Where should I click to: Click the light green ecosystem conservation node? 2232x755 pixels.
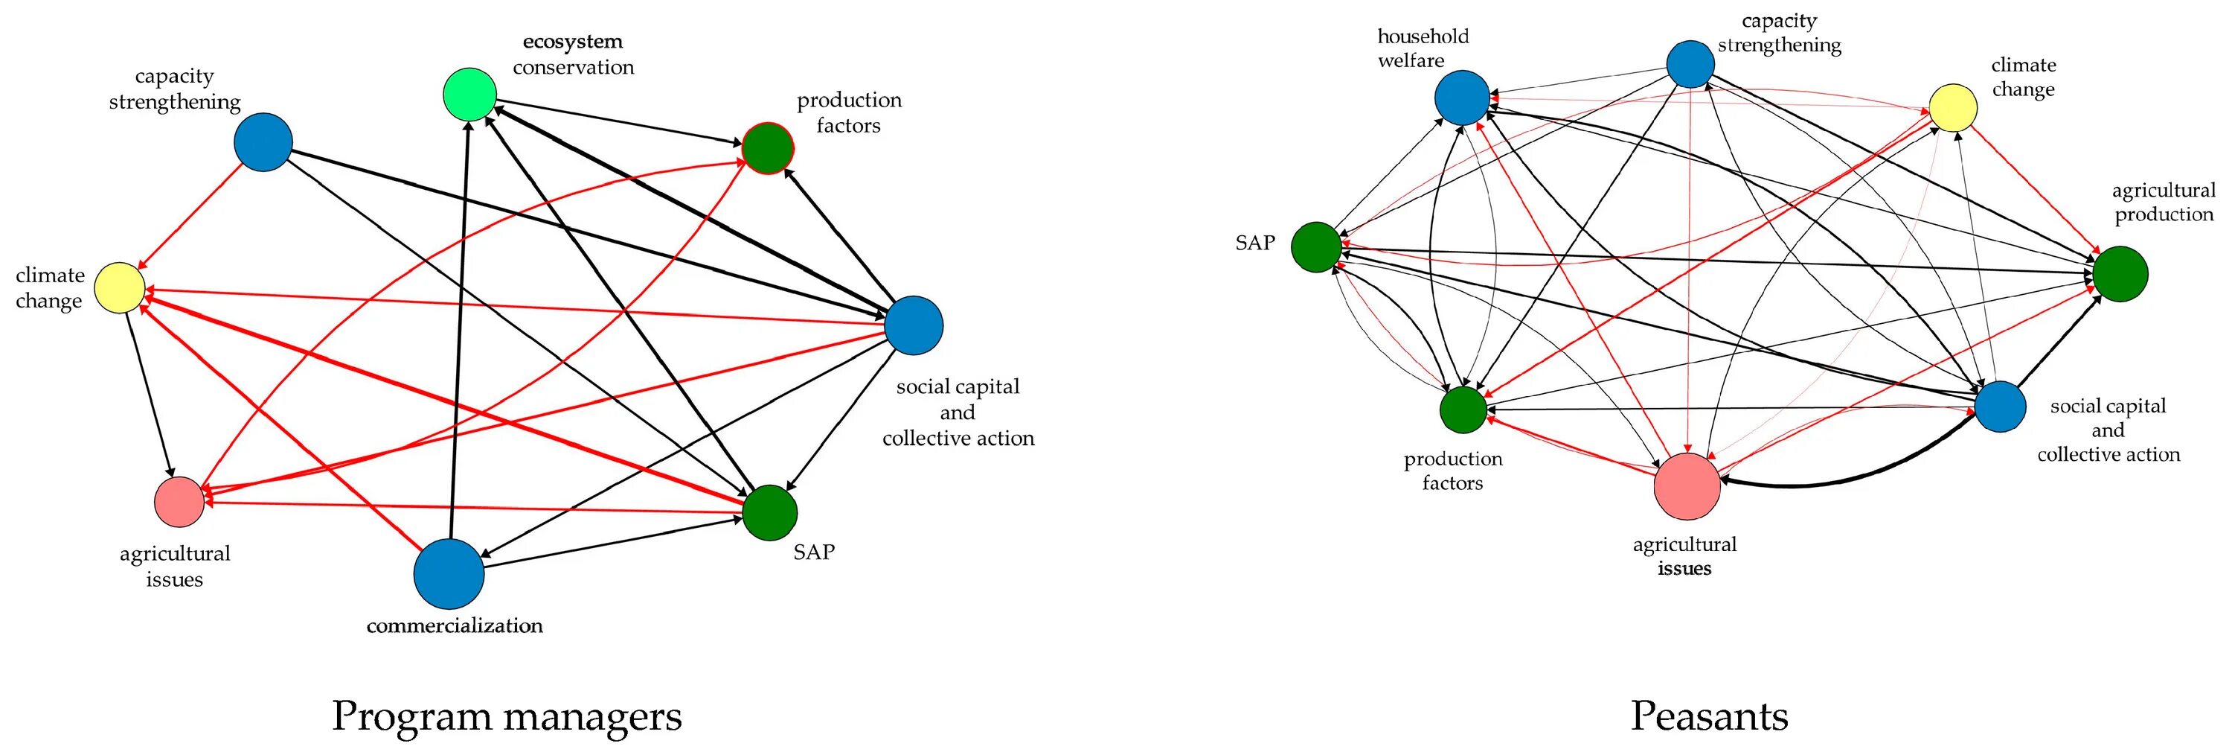pyautogui.click(x=469, y=94)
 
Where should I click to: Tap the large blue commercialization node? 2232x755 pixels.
pyautogui.click(x=449, y=574)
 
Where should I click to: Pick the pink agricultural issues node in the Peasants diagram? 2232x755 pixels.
pyautogui.click(x=1687, y=486)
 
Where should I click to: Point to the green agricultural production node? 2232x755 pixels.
pyautogui.click(x=2120, y=274)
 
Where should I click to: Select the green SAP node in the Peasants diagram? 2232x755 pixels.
pyautogui.click(x=1317, y=247)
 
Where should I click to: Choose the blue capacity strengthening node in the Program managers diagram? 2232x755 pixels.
pyautogui.click(x=263, y=142)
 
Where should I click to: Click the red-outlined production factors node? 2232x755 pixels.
pyautogui.click(x=768, y=148)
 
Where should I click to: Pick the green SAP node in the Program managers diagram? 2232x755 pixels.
pyautogui.click(x=770, y=513)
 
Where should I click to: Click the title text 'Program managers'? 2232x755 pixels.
pyautogui.click(x=507, y=716)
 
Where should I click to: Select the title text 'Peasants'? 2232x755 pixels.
pyautogui.click(x=1710, y=716)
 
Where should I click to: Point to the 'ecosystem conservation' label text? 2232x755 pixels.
pyautogui.click(x=573, y=54)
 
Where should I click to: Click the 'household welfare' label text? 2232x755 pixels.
pyautogui.click(x=1423, y=48)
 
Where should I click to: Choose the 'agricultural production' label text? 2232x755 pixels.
pyautogui.click(x=2164, y=202)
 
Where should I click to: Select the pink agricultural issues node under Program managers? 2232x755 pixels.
pyautogui.click(x=179, y=502)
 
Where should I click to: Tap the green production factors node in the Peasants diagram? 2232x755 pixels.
pyautogui.click(x=1463, y=409)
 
